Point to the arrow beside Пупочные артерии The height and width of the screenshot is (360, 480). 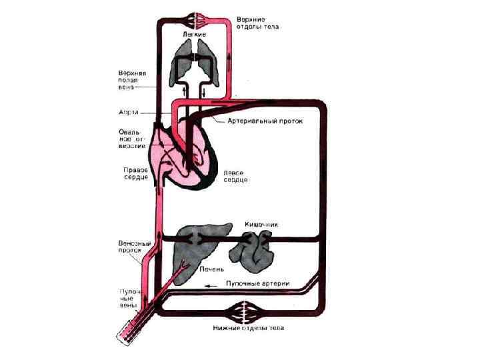tap(211, 285)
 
